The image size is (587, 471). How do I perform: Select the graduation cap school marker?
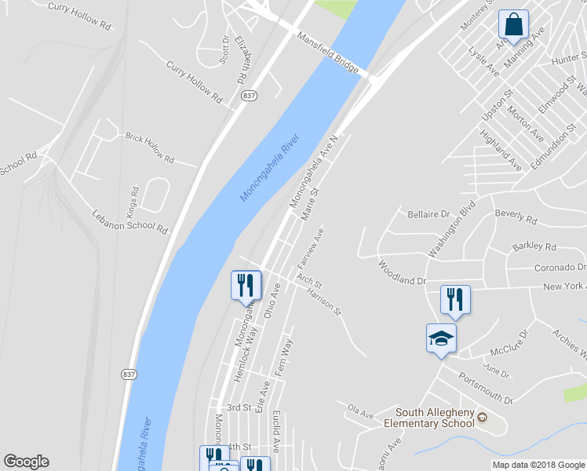click(x=441, y=339)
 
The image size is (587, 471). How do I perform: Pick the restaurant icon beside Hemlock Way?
click(x=246, y=286)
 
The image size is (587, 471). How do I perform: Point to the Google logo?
click(x=26, y=462)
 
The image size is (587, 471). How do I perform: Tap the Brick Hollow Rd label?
click(x=149, y=147)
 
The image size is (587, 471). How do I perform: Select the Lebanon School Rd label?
click(x=130, y=221)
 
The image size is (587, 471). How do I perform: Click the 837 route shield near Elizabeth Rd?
click(x=249, y=95)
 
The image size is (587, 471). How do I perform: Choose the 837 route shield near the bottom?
click(x=129, y=374)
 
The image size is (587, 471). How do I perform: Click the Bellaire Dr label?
click(x=428, y=214)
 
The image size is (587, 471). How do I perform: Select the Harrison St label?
click(x=325, y=301)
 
